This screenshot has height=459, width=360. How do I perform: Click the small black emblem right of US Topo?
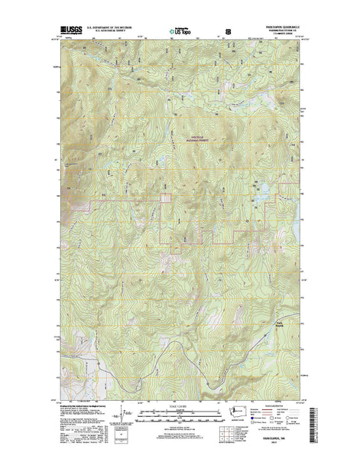pos(228,32)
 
